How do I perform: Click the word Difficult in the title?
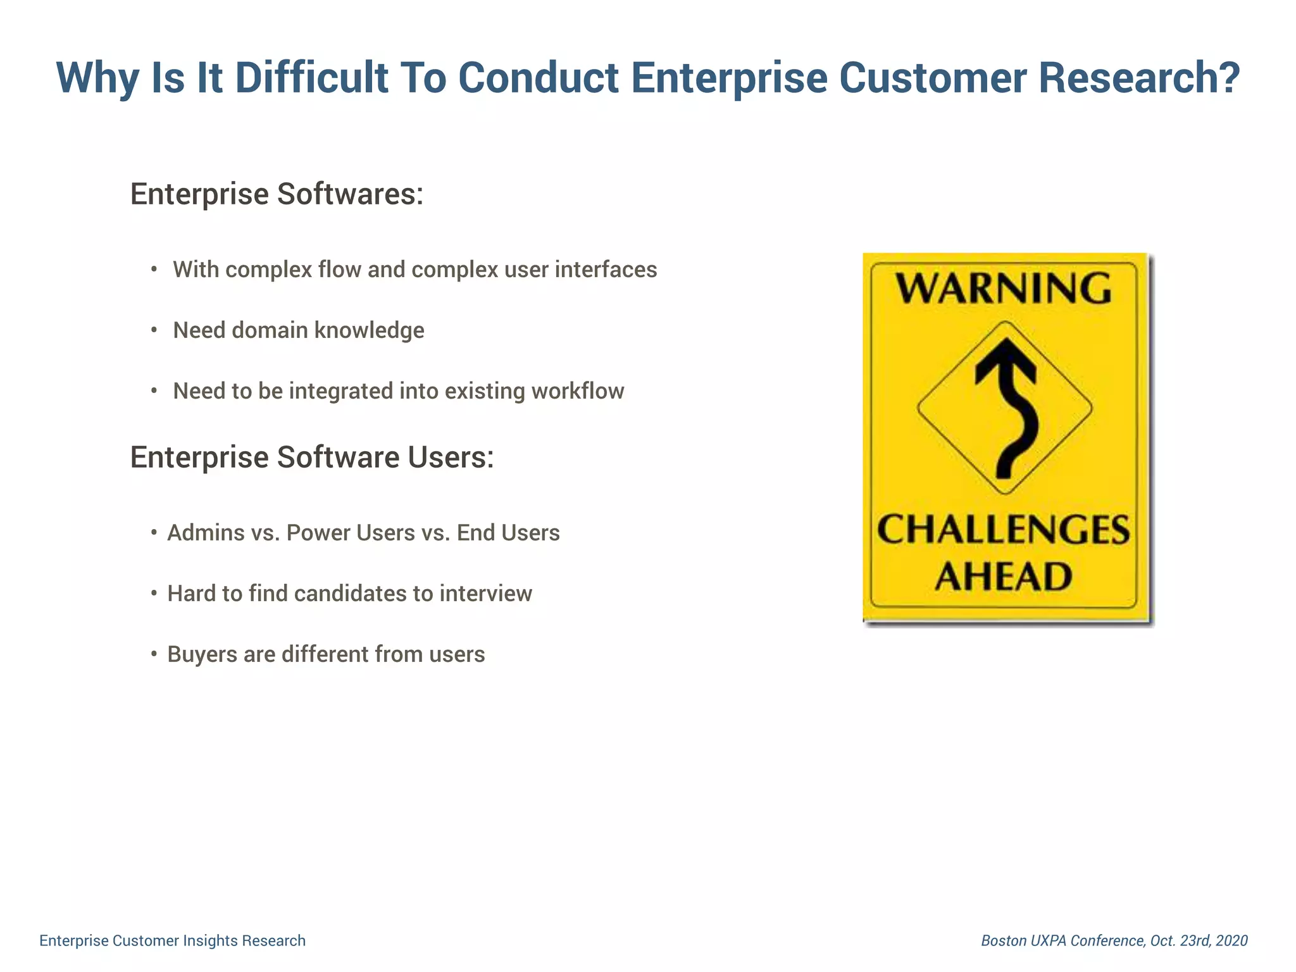311,78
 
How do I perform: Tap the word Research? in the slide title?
1138,78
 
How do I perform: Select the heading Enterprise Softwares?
277,194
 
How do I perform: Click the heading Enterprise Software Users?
311,457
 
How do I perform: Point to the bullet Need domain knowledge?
298,330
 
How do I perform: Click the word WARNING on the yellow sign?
1004,289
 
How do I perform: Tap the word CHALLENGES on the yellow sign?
1004,530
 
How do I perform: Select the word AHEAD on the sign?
1004,576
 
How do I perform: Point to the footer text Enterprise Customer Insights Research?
172,940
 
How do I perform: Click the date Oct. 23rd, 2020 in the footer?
1199,940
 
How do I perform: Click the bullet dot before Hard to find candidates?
154,594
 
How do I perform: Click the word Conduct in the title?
538,78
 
